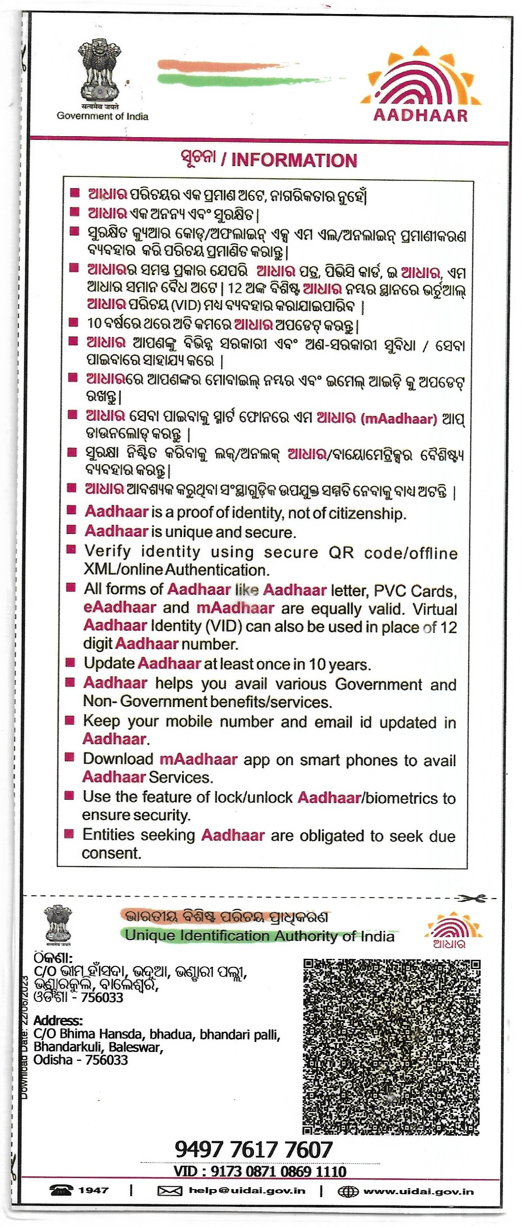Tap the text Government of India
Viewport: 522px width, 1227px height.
point(102,116)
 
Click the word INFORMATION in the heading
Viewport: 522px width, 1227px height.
point(294,161)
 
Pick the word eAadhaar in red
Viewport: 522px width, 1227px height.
point(120,607)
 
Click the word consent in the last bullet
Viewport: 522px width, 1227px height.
point(111,853)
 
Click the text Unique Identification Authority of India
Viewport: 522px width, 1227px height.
point(260,936)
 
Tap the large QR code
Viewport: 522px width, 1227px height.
point(391,1046)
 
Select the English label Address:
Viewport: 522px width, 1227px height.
point(58,1021)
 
